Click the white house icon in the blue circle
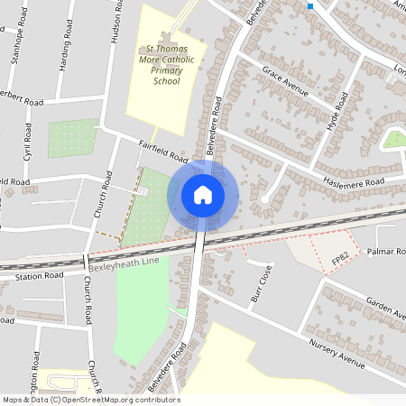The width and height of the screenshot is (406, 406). (203, 195)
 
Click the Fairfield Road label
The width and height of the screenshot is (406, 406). (162, 148)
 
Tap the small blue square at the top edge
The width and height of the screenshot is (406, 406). (309, 6)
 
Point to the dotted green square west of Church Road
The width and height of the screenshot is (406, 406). (72, 138)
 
